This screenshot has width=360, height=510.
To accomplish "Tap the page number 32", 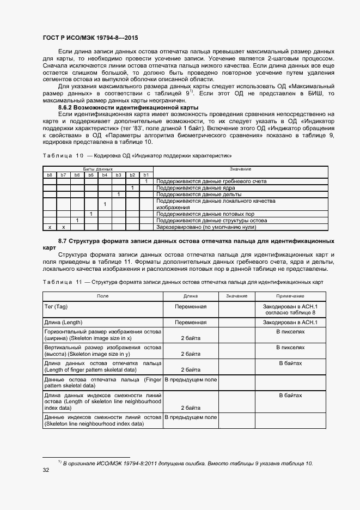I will pos(46,471).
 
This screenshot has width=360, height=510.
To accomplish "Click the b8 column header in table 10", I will pos(50,174).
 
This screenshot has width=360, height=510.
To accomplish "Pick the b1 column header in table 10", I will pos(146,174).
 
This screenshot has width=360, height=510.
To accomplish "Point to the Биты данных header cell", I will pos(98,169).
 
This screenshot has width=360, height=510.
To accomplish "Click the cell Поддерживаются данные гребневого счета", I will pos(211,181).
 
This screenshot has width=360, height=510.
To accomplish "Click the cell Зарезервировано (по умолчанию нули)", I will pos(206,227).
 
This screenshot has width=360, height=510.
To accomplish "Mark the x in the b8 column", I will pos(50,227).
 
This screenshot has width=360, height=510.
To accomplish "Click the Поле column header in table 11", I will pos(102,295).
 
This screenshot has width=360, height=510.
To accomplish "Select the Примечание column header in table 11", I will pos(290,295).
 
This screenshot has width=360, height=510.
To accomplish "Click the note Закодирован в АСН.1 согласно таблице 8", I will pos(290,309).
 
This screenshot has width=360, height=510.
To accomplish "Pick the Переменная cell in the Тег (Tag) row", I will pos(191,307).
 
